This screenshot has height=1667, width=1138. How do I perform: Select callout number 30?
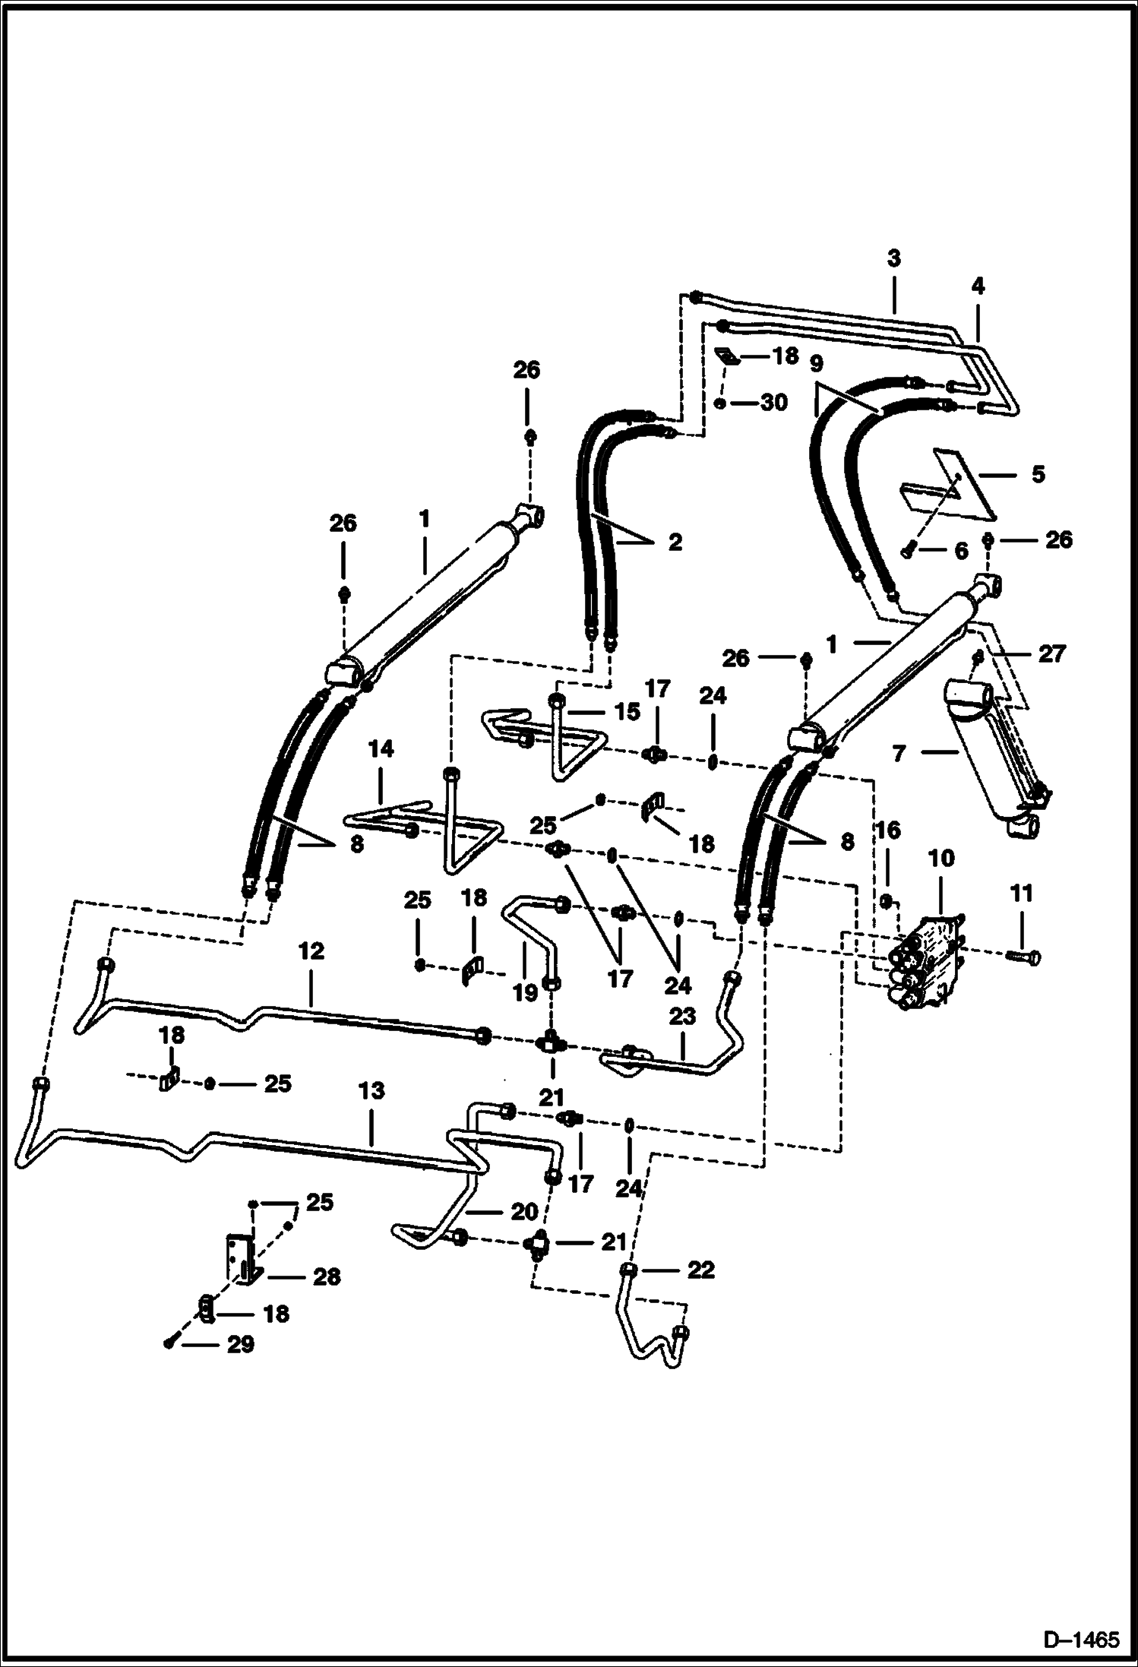tap(773, 403)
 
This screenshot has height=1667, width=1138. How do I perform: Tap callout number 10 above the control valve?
tap(940, 859)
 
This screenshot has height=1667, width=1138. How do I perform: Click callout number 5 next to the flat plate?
tap(1038, 474)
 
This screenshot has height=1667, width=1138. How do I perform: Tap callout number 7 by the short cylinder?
tap(899, 754)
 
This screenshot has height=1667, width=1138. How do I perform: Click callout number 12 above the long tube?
tap(311, 951)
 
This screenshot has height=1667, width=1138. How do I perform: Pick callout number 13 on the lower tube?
tap(371, 1091)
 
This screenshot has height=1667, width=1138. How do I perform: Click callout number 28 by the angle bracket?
tap(327, 1276)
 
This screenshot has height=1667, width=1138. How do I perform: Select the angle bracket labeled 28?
tap(242, 1259)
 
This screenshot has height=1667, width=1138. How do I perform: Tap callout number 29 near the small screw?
tap(240, 1345)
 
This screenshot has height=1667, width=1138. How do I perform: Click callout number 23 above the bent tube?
tap(682, 1017)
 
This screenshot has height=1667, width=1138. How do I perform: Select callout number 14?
tap(381, 749)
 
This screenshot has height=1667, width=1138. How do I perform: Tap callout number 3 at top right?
tap(894, 258)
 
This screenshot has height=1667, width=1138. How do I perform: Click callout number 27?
tap(1052, 653)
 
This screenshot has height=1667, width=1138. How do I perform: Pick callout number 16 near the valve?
tap(888, 830)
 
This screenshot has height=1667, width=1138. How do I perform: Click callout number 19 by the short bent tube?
tap(525, 992)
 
